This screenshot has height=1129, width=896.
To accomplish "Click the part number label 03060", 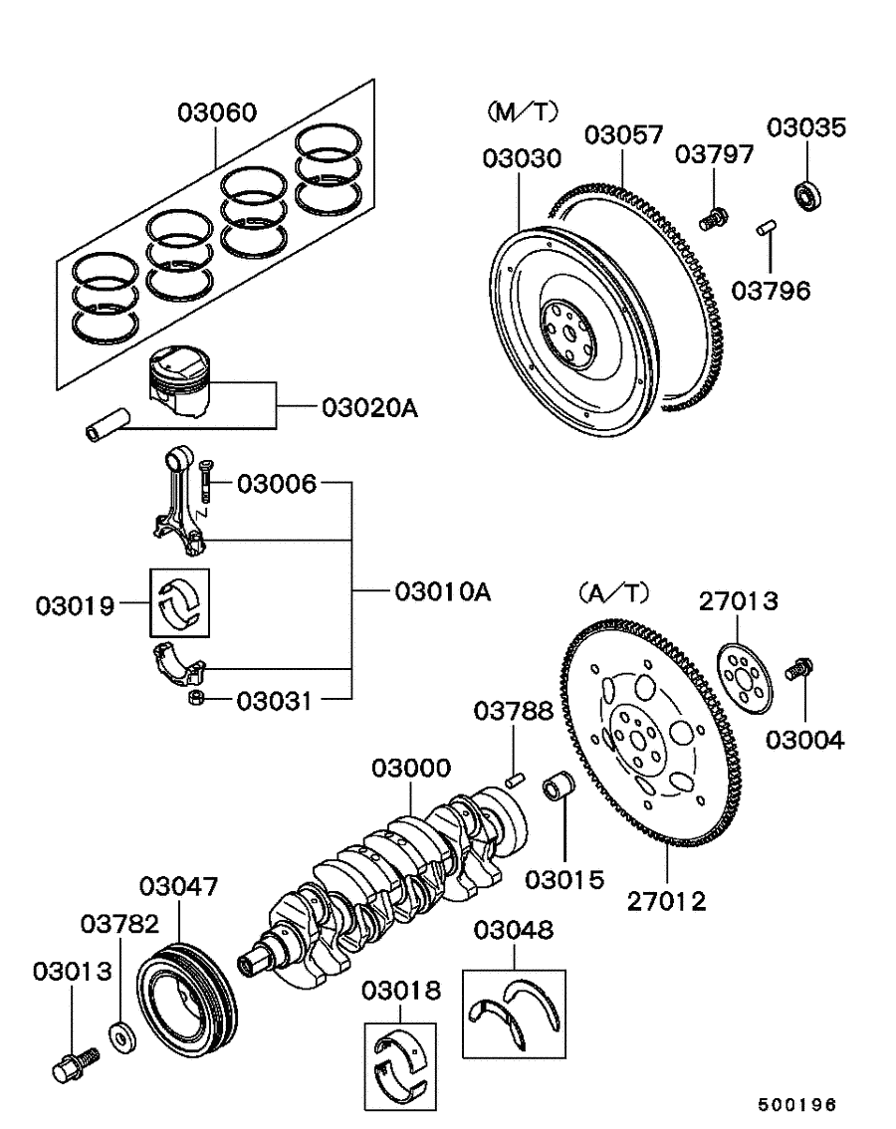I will (x=216, y=113).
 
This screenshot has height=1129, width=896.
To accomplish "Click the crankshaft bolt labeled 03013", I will (x=71, y=1062).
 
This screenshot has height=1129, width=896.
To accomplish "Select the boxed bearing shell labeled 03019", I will (x=181, y=602).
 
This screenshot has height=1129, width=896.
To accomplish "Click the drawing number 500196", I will (x=795, y=1104).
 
